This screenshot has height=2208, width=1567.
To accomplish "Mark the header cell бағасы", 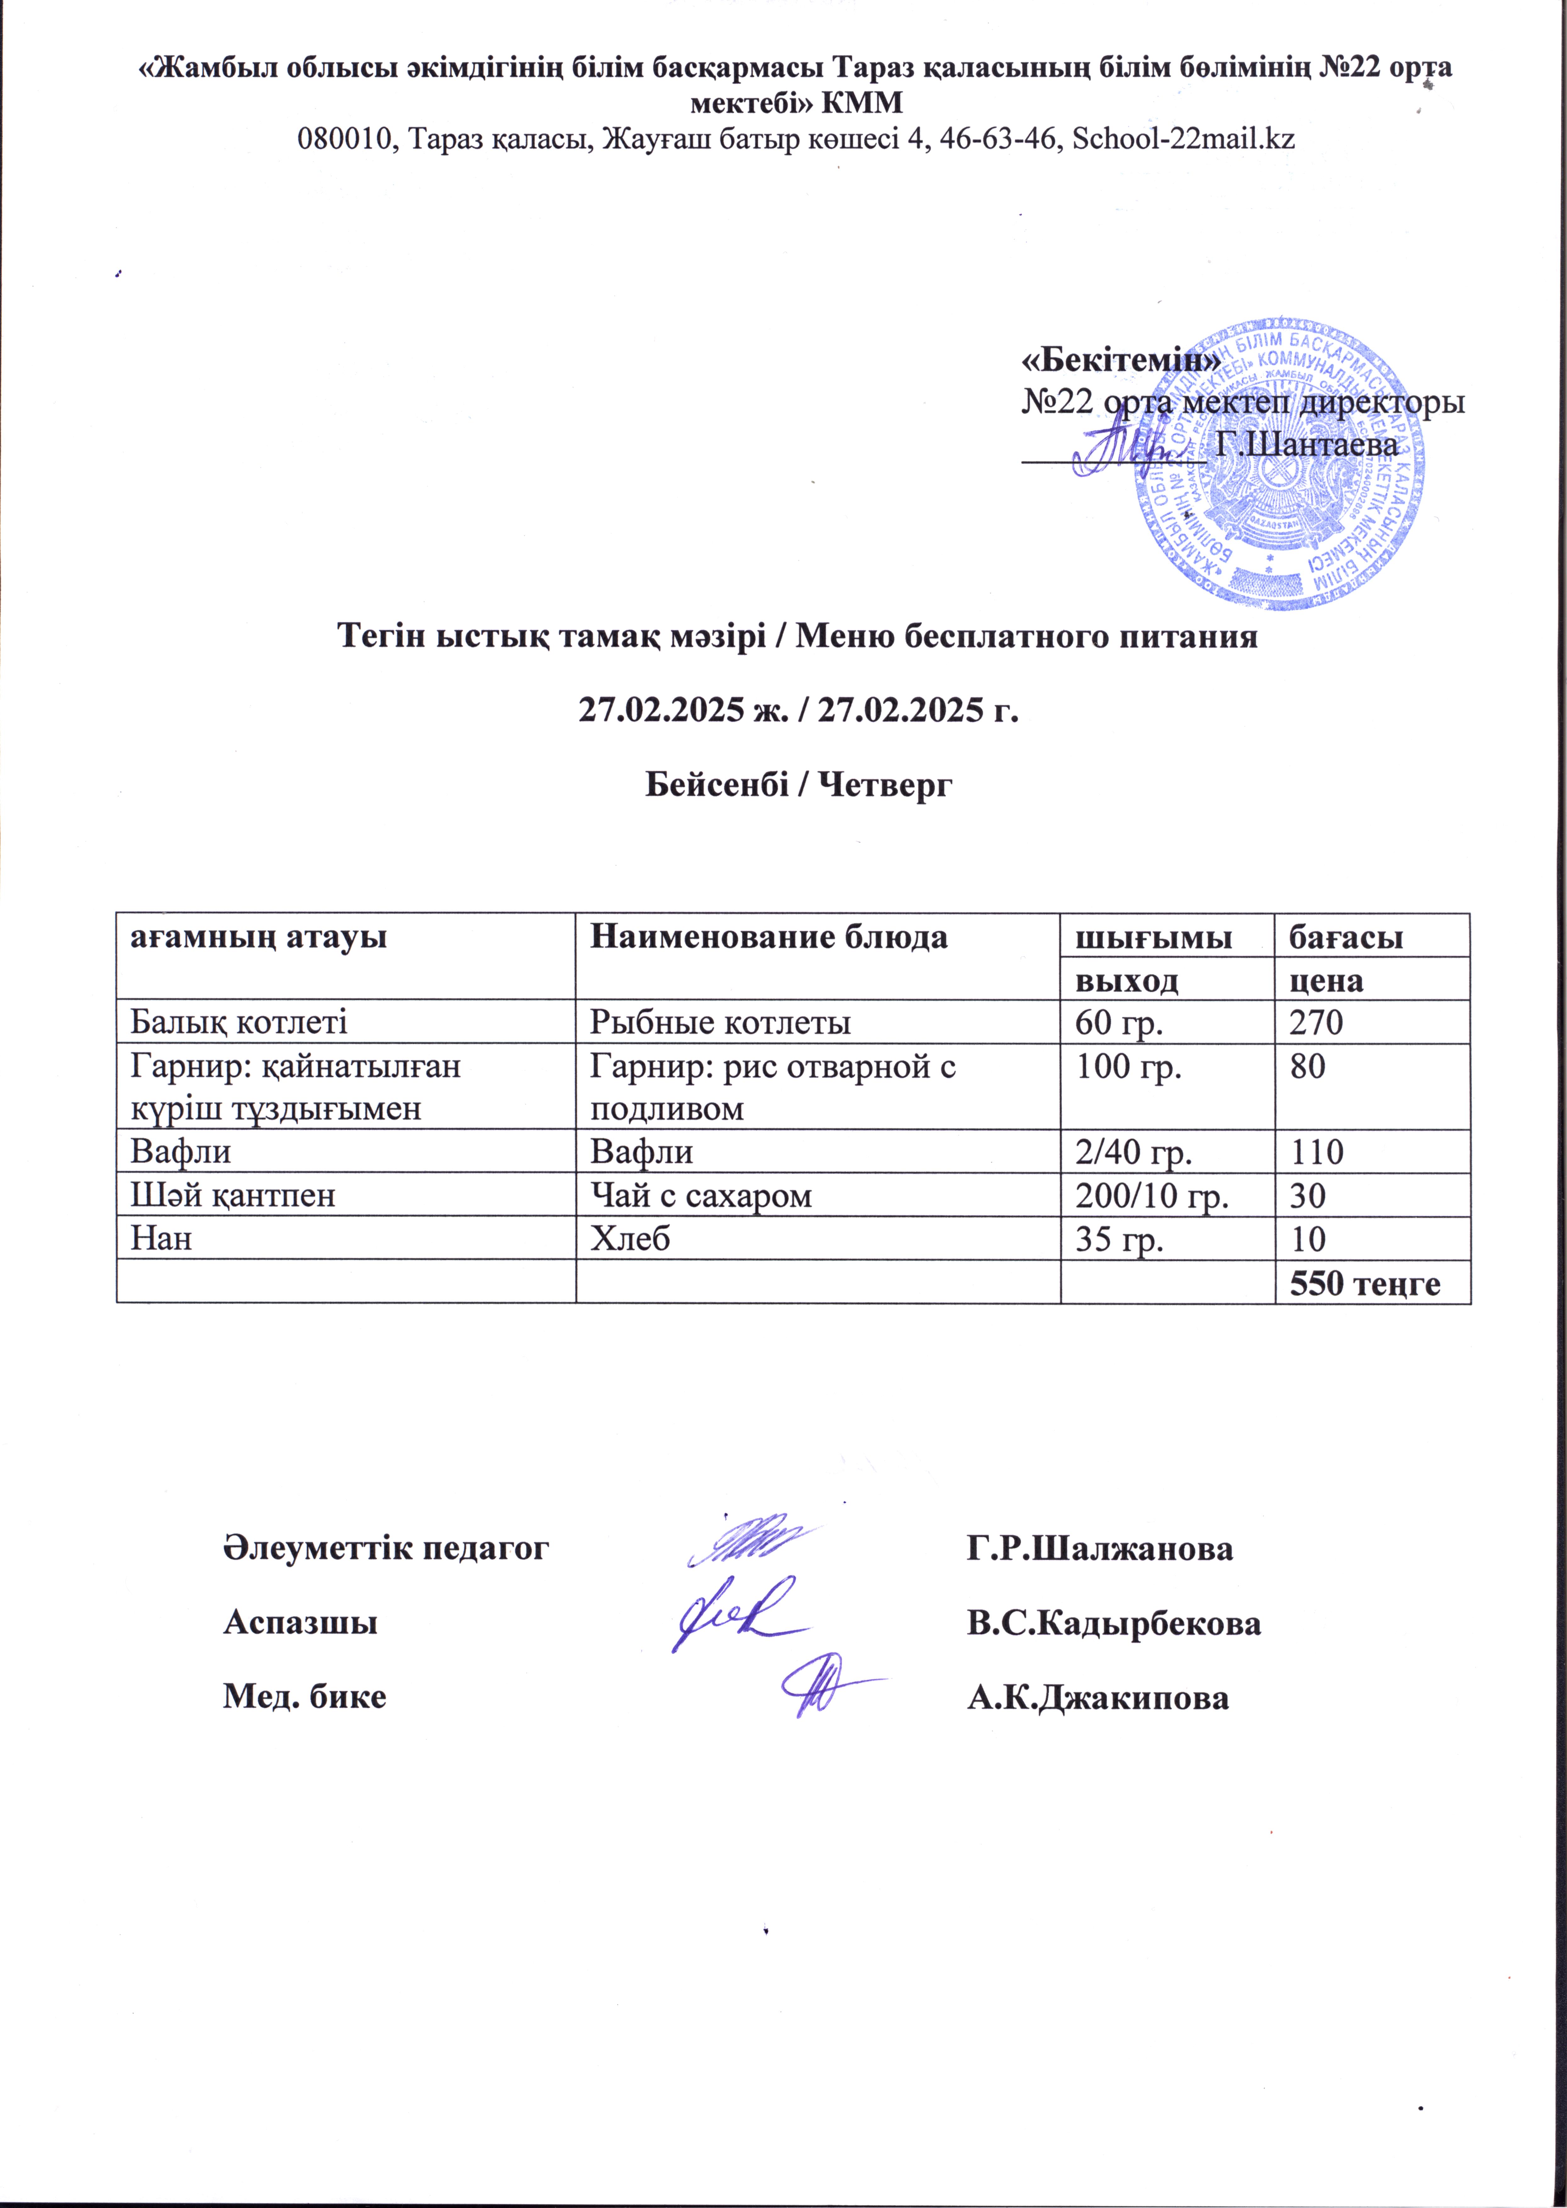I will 1346,936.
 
